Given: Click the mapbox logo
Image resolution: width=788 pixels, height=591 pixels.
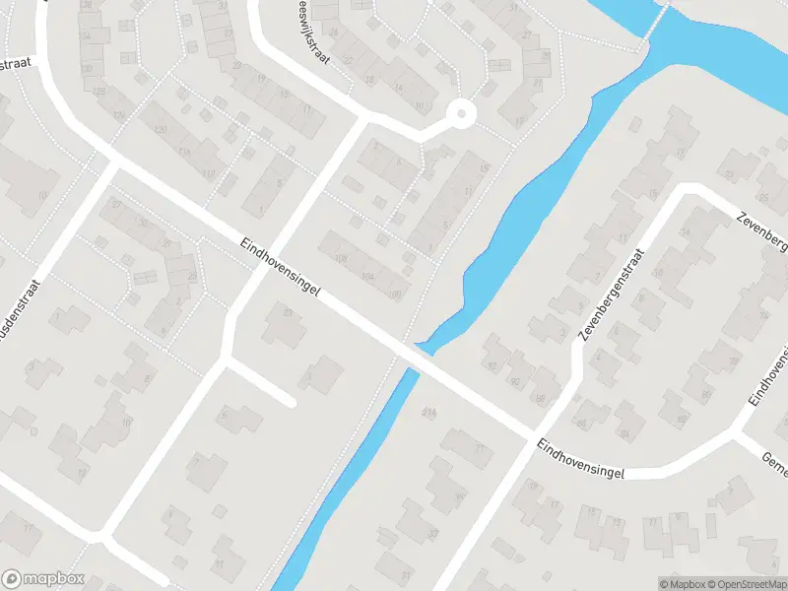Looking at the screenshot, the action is coord(43,579).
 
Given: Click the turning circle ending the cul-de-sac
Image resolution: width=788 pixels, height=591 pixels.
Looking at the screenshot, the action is coord(459,114).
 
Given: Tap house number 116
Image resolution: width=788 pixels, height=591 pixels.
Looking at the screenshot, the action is coord(184,152).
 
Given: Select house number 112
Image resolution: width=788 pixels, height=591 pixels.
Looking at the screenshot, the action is coord(208,174).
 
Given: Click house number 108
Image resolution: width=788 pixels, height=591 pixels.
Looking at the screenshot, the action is coord(342,259).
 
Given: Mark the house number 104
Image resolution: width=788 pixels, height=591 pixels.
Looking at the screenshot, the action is coord(367,277).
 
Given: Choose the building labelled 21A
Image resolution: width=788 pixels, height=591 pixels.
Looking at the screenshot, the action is coord(428,411).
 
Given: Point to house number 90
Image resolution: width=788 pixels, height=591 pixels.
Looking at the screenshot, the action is coord(514,382).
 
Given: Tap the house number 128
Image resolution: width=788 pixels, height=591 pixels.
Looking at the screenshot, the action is coord(99,91).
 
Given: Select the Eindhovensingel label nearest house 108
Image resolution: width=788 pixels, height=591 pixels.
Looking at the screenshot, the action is coord(281,278).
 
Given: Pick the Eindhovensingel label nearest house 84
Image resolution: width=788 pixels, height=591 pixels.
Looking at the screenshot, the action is coord(581,461).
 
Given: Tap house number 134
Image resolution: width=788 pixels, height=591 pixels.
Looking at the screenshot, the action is coord(86,35).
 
